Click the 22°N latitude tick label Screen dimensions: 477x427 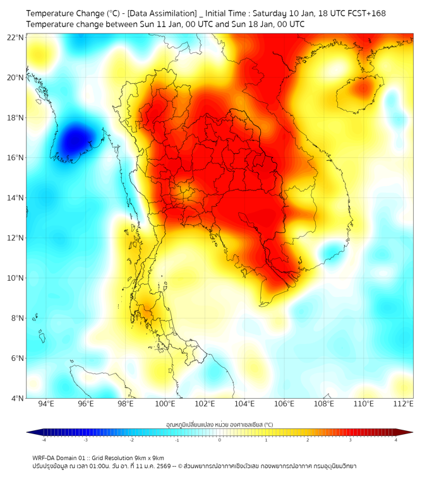point(15,37)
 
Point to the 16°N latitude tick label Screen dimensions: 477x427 point(15,158)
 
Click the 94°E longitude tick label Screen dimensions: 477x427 point(46,404)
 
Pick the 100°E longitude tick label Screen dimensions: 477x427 point(165,404)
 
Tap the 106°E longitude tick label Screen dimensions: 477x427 point(284,404)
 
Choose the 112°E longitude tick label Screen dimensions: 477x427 point(403,404)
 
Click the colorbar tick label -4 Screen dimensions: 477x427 point(44,440)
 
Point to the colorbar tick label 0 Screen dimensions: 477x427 point(220,440)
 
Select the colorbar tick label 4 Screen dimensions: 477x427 point(395,440)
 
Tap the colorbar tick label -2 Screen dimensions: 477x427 point(131,440)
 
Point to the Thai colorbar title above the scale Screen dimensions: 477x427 point(219,424)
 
